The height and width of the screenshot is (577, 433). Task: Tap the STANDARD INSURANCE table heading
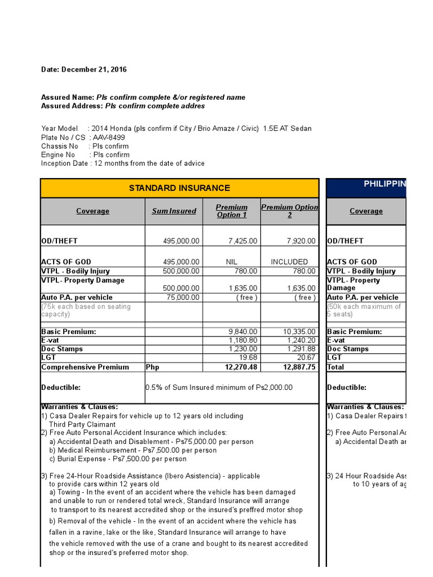tap(179, 188)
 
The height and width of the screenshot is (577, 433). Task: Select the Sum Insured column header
tap(174, 211)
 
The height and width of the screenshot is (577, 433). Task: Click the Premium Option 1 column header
tap(232, 211)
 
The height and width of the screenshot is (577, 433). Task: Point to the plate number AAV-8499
tap(109, 137)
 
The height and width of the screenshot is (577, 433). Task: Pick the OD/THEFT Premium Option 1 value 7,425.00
tap(243, 241)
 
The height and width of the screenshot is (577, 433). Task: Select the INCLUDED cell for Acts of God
tap(289, 262)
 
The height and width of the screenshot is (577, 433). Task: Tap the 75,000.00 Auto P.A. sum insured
tap(181, 298)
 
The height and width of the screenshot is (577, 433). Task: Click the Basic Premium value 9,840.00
tap(243, 332)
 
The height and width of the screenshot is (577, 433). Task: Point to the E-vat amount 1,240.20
tap(300, 340)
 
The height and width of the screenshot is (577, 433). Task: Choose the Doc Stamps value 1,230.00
tap(243, 349)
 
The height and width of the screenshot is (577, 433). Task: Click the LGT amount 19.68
tap(249, 357)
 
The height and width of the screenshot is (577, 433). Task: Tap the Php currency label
tap(153, 367)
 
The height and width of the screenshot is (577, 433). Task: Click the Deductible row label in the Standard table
tap(61, 388)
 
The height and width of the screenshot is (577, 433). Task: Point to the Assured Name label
tap(68, 97)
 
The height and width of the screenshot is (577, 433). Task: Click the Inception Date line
tap(123, 163)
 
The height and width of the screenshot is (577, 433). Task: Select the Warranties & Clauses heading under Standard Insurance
tap(79, 407)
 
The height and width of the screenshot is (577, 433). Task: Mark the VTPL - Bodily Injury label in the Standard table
tap(76, 271)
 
